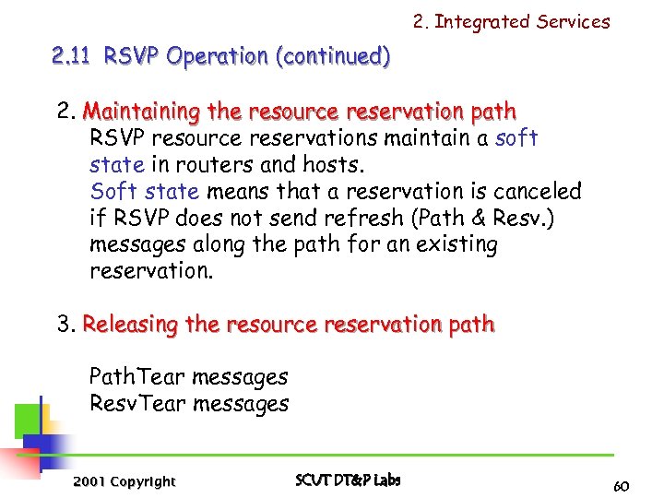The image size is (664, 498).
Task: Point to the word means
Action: tap(235, 192)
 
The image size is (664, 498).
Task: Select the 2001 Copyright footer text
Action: tap(125, 481)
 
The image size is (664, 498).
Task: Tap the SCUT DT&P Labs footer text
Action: tap(348, 480)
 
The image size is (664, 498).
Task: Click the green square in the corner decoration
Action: tap(26, 421)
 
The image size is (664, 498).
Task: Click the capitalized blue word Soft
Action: tap(112, 192)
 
